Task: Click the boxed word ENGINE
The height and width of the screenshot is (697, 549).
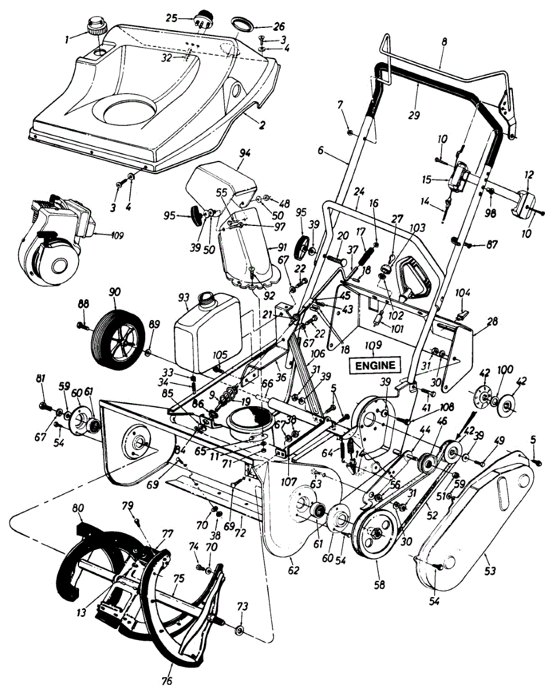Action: point(375,365)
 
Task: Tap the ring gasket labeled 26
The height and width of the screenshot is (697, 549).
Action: point(242,24)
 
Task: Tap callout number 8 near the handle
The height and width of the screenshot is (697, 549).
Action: point(444,41)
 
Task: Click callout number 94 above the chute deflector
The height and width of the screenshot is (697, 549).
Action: point(245,153)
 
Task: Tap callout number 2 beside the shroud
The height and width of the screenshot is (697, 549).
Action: point(262,125)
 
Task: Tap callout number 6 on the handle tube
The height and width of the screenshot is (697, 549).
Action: point(321,150)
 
